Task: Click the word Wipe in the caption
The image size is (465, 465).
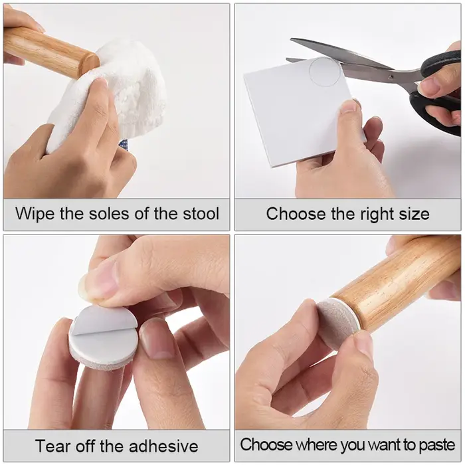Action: (x=35, y=214)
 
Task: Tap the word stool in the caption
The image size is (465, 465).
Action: (x=201, y=213)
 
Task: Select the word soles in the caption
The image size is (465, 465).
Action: (x=110, y=213)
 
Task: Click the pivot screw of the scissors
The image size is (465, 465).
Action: (x=391, y=77)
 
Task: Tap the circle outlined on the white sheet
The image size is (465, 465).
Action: (x=325, y=72)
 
